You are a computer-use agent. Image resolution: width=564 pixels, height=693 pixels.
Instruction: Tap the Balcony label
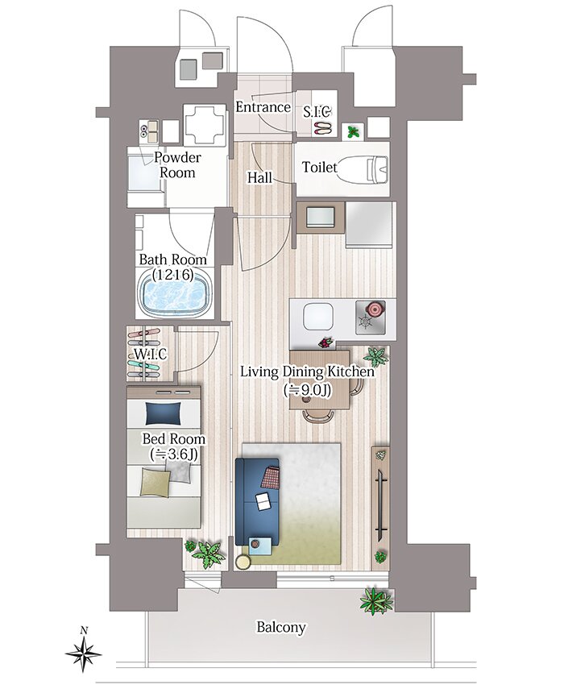point(281,627)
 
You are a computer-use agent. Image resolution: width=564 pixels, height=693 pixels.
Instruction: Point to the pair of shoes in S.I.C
point(322,129)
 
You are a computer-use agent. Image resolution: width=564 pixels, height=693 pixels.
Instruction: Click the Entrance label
point(263,107)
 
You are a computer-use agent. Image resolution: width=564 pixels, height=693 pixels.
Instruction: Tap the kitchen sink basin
point(317,316)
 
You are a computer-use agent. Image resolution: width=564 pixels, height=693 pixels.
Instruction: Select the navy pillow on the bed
point(163,413)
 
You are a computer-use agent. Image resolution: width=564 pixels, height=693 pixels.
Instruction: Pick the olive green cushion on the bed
point(156,482)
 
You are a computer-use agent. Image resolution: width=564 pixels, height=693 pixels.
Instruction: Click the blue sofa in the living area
point(257,501)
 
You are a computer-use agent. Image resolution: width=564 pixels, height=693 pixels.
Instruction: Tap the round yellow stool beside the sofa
point(243,562)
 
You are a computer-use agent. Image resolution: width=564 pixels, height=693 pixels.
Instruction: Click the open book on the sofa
point(263,502)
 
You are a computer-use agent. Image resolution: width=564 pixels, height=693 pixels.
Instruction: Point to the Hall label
point(259,178)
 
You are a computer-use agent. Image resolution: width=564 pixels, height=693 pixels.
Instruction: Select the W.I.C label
point(151,354)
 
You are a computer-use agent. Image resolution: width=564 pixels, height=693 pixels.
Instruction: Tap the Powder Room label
point(177,165)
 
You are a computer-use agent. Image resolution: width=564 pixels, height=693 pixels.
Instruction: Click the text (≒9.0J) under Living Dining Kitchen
point(308,389)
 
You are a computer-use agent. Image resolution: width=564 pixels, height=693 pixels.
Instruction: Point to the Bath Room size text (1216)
point(172,275)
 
